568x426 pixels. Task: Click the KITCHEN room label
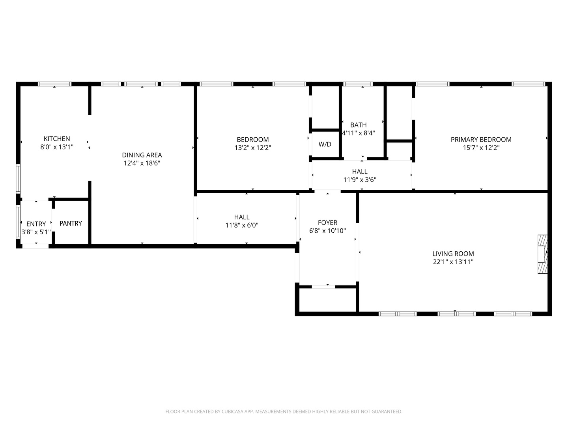(x=57, y=138)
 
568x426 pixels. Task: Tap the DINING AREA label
(x=142, y=155)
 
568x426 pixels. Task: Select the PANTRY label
(x=71, y=223)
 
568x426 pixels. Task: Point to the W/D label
(x=325, y=144)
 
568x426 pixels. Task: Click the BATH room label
(x=358, y=125)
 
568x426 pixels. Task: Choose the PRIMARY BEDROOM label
(x=481, y=139)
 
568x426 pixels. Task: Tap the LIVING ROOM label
(x=453, y=254)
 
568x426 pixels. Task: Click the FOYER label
(x=327, y=222)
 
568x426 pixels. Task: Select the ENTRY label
(x=36, y=224)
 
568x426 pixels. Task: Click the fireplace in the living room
(x=543, y=254)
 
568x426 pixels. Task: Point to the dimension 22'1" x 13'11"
(x=453, y=262)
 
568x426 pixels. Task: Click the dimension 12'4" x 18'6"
(x=142, y=163)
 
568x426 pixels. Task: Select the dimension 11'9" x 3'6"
(x=360, y=180)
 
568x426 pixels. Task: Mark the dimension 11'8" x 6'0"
(x=242, y=225)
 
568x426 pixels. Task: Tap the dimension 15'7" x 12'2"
(x=481, y=148)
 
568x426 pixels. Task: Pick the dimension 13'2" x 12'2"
(x=252, y=148)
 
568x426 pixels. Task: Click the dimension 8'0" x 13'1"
(x=57, y=147)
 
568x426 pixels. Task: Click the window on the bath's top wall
(x=358, y=84)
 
